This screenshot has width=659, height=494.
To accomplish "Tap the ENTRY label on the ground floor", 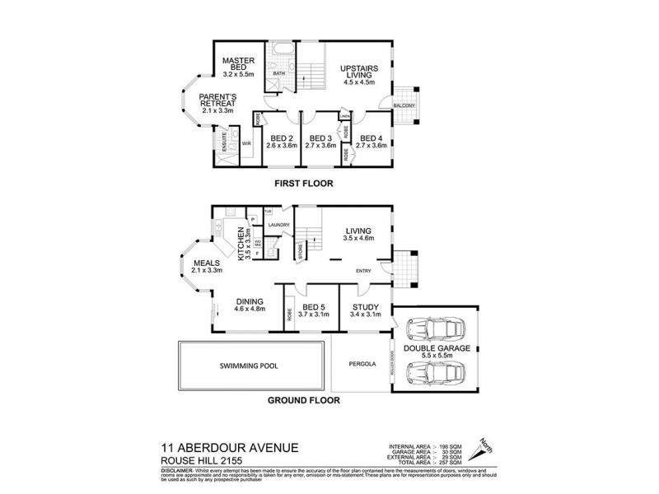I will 363,270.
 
